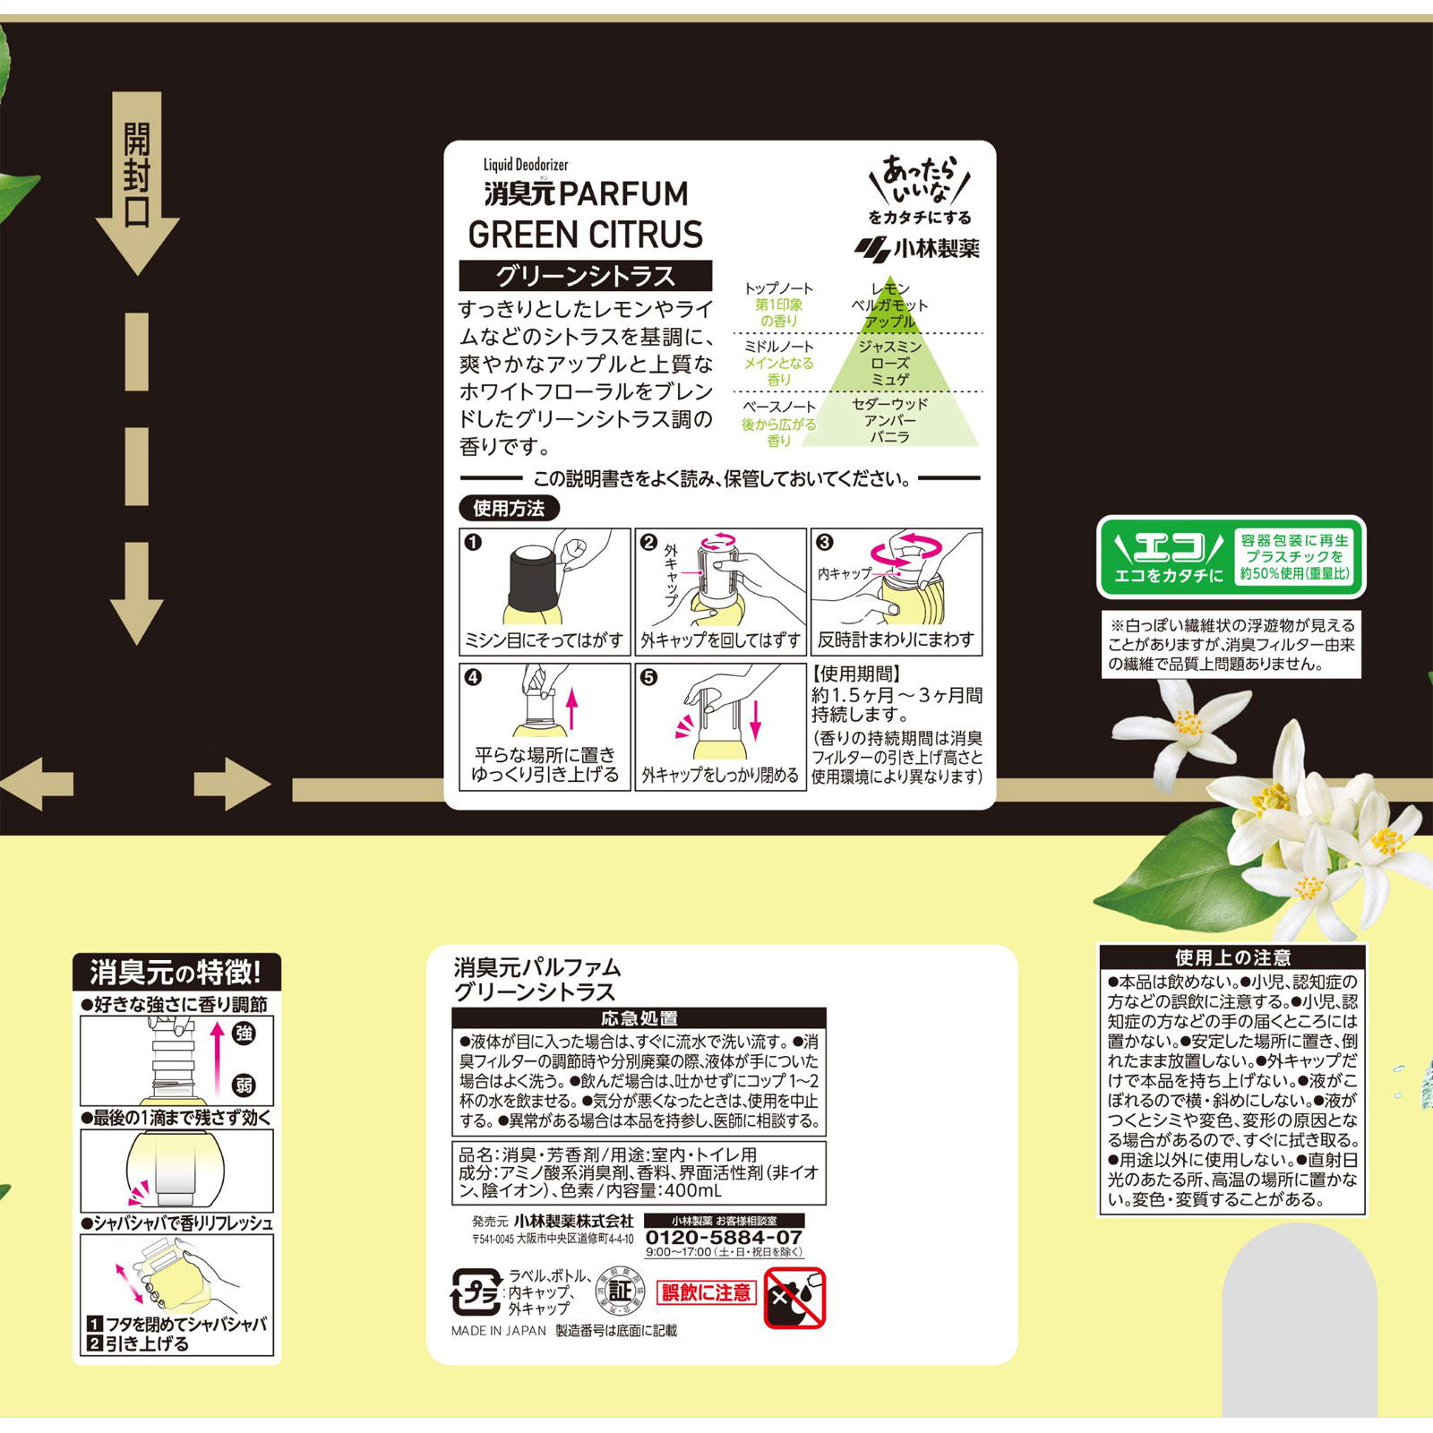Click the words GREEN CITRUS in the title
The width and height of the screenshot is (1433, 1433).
tap(586, 235)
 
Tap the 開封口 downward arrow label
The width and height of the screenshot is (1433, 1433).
tap(137, 177)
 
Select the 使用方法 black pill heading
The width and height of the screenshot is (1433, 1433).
tap(509, 509)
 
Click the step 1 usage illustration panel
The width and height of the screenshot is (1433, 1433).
tap(545, 591)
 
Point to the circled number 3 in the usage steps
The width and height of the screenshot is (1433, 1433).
tap(825, 542)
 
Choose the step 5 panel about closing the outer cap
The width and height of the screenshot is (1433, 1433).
tap(720, 726)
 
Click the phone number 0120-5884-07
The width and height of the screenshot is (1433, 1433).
tap(724, 1237)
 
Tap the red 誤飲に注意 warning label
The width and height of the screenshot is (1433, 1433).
tap(707, 1292)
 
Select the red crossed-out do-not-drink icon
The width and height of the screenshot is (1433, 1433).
tap(794, 1298)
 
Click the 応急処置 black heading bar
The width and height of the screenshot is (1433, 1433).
tap(639, 1017)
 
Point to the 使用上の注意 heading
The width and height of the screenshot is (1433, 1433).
tap(1232, 957)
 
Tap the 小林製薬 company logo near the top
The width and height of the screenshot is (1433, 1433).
tap(917, 248)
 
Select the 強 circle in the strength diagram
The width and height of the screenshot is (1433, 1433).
tap(244, 1034)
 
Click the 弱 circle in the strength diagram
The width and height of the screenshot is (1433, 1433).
tap(244, 1085)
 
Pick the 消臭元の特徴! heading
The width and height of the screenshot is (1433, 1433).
tap(176, 972)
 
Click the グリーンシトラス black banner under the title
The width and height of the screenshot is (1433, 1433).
tap(586, 276)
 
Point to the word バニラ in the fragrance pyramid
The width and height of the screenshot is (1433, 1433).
tap(889, 437)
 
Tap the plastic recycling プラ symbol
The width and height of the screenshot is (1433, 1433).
tap(475, 1291)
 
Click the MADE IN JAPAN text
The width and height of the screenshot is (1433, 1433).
tap(499, 1331)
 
